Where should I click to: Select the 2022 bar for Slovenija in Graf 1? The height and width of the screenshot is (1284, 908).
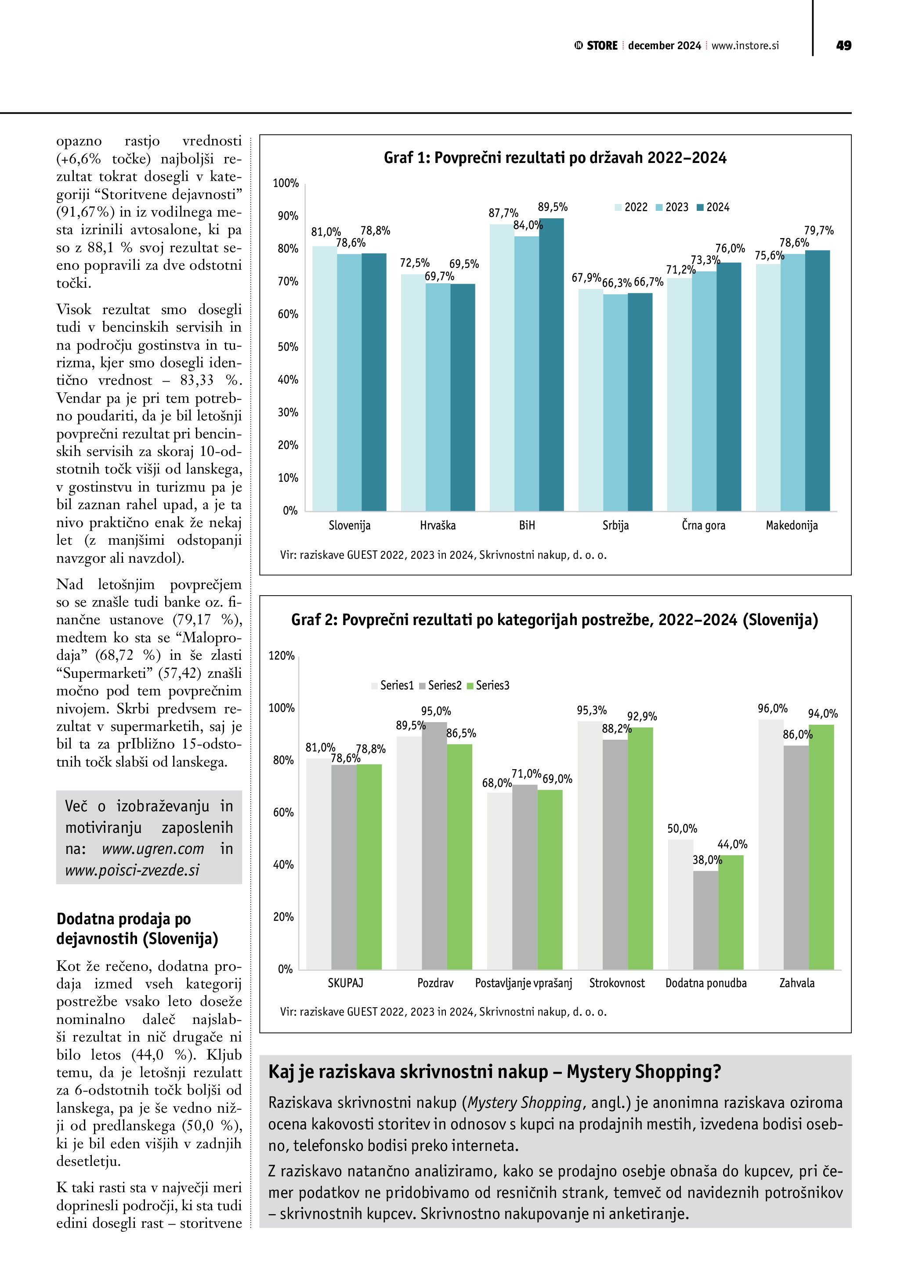click(324, 378)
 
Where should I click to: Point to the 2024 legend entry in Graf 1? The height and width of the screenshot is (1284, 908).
click(713, 207)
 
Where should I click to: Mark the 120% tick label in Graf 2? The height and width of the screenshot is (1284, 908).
click(281, 656)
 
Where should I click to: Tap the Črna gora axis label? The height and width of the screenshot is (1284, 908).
click(703, 526)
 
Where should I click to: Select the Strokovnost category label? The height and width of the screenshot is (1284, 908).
click(617, 983)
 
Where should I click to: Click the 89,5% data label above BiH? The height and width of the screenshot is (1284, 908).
click(553, 207)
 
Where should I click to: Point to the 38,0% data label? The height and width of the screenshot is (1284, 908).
click(707, 860)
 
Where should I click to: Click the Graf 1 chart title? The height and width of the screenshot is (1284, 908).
click(555, 158)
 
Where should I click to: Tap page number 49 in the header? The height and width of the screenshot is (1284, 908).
click(843, 46)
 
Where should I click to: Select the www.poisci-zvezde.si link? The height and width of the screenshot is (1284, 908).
click(132, 870)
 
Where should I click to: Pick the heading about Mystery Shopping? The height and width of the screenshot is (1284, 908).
click(494, 1072)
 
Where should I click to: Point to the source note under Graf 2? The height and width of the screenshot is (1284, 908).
click(443, 1012)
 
